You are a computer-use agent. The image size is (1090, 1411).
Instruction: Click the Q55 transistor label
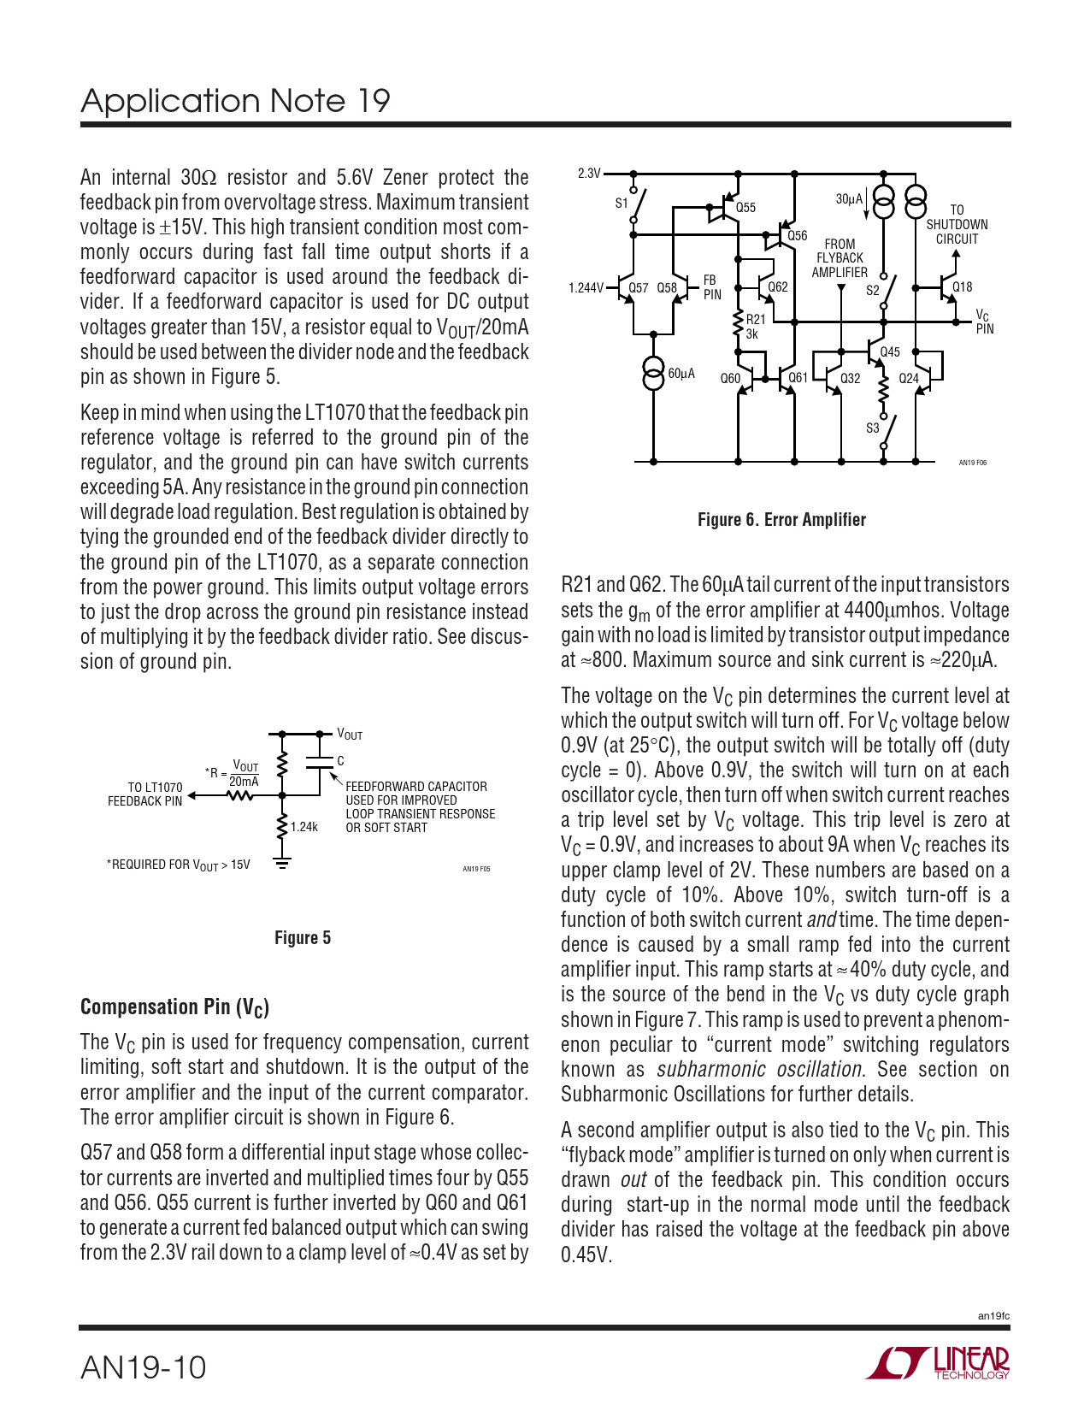coord(745,208)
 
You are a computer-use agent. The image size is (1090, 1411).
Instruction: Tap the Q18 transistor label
coord(962,287)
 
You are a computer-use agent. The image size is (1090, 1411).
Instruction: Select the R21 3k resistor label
coord(754,327)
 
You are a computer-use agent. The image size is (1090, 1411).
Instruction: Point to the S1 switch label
coord(622,204)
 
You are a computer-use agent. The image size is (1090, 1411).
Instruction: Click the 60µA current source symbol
coord(653,374)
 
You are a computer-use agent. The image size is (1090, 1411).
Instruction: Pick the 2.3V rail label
coord(589,174)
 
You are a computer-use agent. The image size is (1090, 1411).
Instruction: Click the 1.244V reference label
coord(586,288)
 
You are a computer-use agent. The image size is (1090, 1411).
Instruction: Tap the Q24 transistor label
coord(909,378)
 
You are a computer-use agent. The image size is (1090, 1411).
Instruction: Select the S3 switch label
coord(872,428)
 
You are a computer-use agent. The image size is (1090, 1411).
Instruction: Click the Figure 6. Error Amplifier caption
coord(781,520)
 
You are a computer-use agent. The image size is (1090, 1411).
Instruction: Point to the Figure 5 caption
coord(303,938)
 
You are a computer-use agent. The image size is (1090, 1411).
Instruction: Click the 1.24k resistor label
coord(303,827)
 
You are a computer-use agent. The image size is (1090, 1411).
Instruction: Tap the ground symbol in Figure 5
coord(282,863)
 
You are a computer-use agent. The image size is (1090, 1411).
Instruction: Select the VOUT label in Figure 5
coord(350,734)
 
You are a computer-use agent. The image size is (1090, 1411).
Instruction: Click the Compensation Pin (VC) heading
coord(174,1007)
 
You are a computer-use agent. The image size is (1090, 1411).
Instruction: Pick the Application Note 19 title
coord(235,101)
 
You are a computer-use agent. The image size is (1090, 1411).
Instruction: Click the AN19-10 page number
coord(144,1367)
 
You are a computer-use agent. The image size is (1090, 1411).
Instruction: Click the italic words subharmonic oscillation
coord(759,1070)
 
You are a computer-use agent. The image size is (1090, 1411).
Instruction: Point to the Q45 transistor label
coord(890,352)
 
